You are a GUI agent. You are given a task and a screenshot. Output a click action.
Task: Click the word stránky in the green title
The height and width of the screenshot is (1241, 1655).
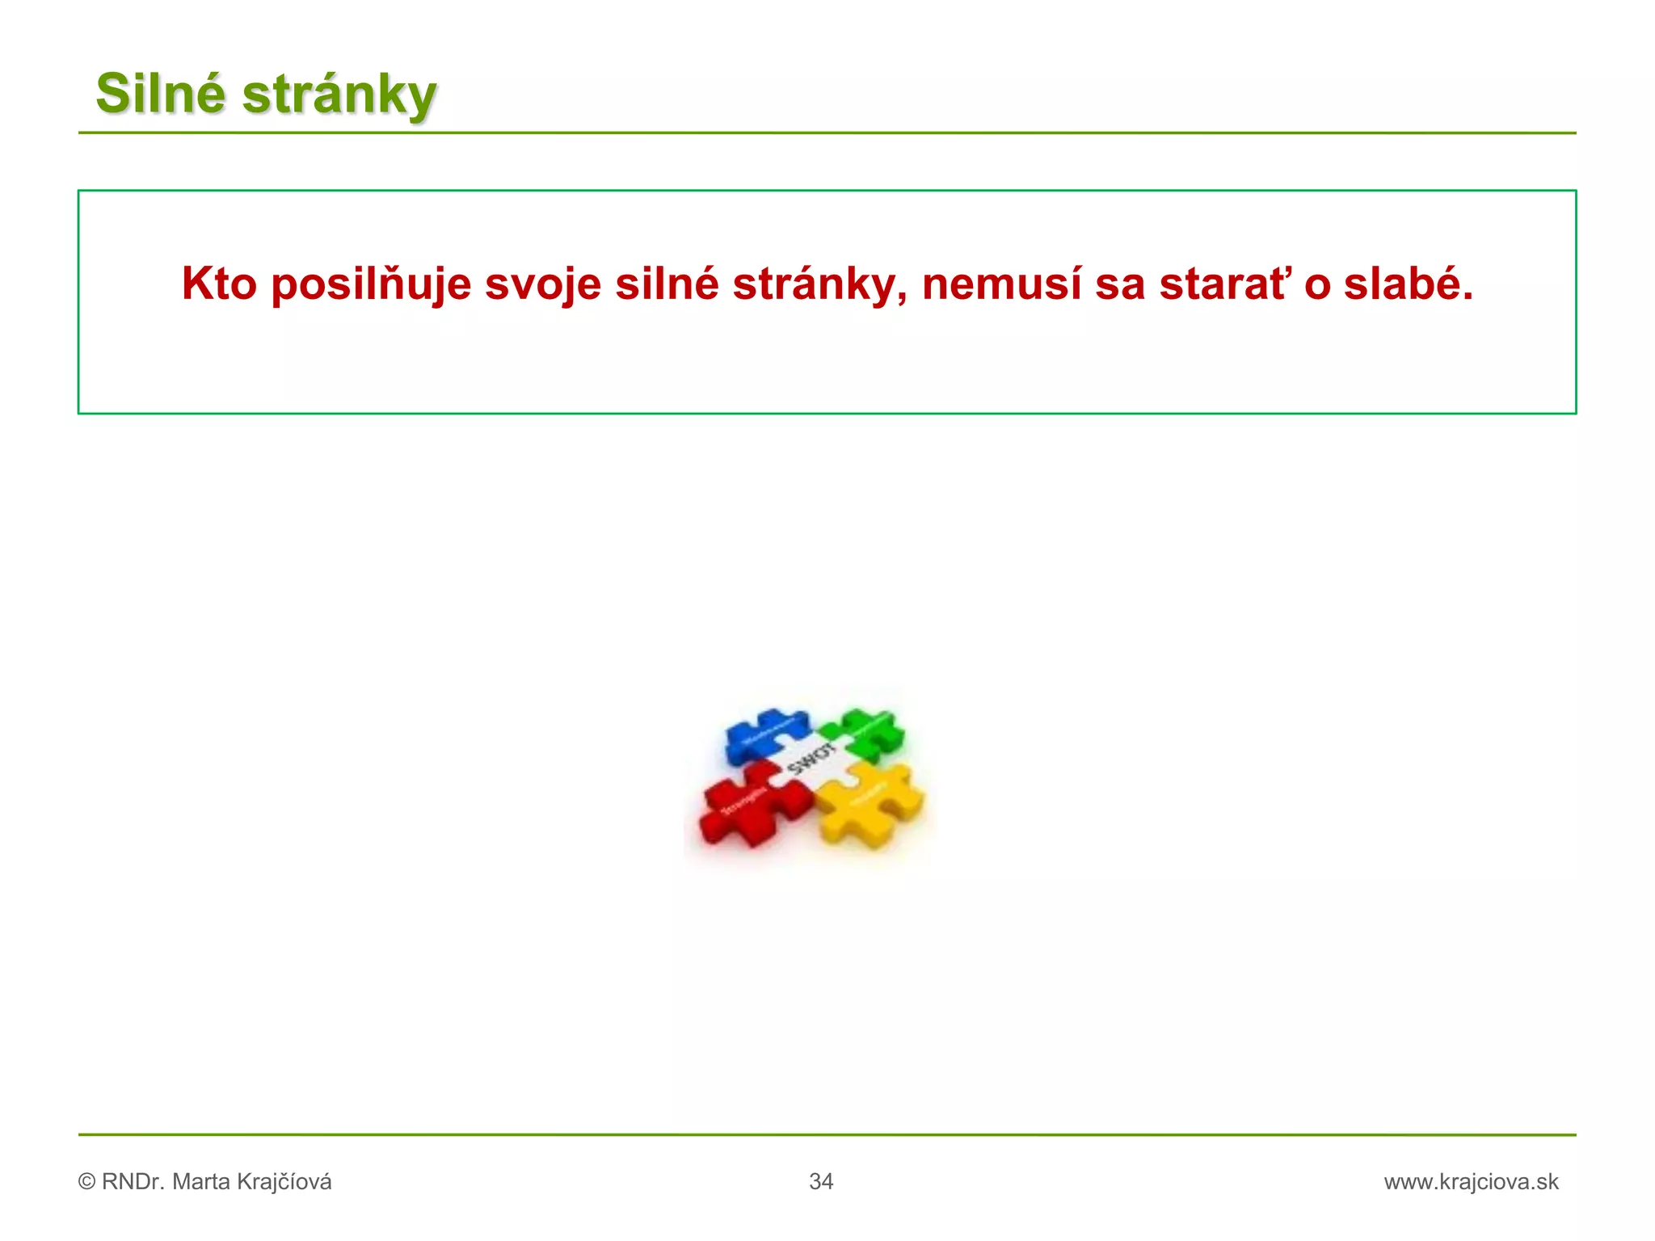[x=339, y=95]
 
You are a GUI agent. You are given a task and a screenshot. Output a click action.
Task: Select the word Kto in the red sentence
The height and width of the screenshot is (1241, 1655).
[x=219, y=284]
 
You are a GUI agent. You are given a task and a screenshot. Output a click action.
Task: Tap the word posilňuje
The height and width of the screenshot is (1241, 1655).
[x=371, y=285]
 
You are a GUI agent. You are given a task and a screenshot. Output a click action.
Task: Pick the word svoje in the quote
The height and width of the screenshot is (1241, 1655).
[x=542, y=285]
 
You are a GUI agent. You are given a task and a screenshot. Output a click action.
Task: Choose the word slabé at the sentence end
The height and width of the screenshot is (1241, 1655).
[x=1409, y=284]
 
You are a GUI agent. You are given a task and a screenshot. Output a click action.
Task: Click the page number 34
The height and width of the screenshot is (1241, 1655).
[x=821, y=1181]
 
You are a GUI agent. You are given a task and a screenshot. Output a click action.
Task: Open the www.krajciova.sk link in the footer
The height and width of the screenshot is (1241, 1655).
[x=1471, y=1181]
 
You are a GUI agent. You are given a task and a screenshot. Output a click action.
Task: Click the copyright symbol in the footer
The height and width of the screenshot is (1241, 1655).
[x=86, y=1182]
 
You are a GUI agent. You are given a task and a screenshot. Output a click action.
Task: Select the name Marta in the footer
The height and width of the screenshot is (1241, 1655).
[x=201, y=1181]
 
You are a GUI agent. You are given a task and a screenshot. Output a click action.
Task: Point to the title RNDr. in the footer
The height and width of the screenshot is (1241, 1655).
[x=133, y=1181]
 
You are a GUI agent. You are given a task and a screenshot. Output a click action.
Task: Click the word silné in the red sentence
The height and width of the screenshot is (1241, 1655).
[x=667, y=284]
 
